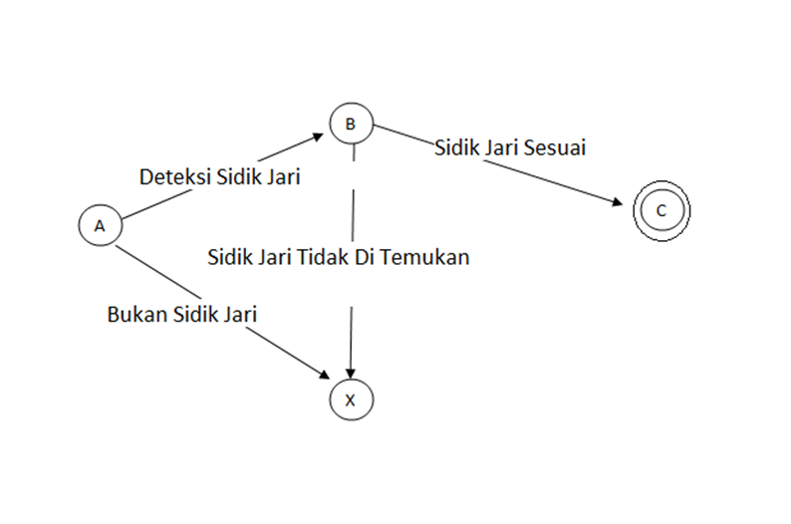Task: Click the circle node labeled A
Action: [100, 226]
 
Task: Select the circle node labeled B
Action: [350, 125]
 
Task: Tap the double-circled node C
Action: [661, 210]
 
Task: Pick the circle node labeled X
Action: [350, 399]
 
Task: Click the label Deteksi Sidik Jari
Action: [220, 176]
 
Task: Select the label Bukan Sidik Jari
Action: [182, 315]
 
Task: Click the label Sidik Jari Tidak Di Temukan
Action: [338, 257]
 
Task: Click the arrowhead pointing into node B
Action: [318, 134]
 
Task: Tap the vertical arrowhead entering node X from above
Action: [351, 374]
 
